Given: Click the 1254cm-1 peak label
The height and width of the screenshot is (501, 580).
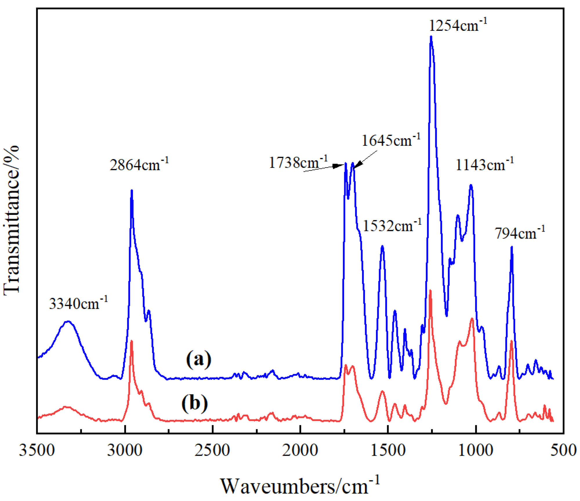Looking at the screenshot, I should pos(458,26).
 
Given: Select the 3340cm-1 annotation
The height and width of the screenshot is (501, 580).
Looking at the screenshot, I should pos(78,304).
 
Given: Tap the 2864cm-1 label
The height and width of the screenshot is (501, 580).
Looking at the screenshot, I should pos(139,165).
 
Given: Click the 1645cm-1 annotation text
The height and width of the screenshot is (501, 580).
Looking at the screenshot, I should pos(391,140).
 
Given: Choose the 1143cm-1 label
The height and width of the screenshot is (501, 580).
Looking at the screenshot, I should pos(485,165).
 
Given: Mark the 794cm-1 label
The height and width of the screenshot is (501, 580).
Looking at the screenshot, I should pos(520,233).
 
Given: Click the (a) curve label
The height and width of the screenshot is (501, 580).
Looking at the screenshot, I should pos(199,359).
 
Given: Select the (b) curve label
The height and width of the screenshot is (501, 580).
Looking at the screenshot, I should pos(195,403).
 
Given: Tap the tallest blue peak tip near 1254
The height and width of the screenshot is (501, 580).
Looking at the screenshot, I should pos(431,37).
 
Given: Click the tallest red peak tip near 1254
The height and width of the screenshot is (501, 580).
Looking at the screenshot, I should pos(430,290).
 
